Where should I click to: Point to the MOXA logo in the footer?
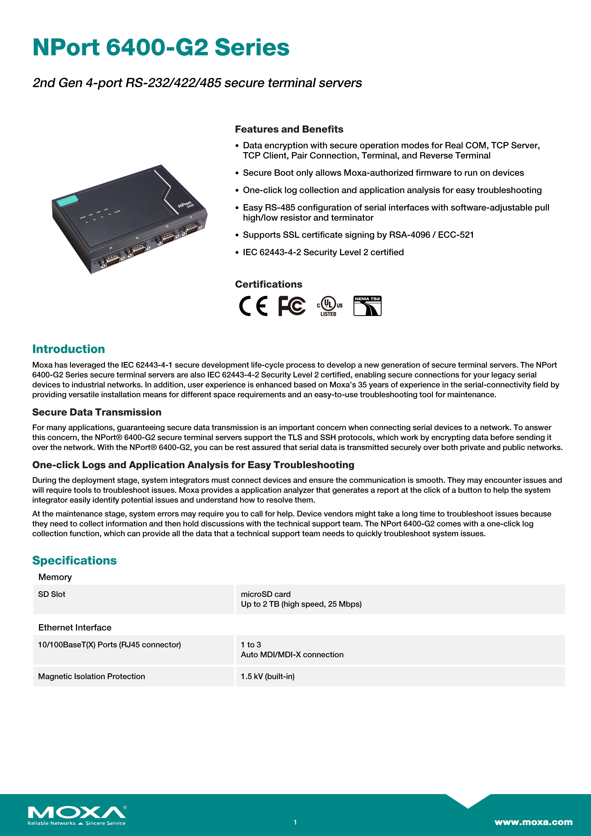(77, 813)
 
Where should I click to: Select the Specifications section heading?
(74, 560)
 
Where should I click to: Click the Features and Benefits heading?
(289, 129)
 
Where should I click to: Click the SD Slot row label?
(52, 594)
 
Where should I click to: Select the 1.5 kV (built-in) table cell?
(268, 677)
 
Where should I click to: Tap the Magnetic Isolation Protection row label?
(91, 677)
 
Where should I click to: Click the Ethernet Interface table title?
(75, 627)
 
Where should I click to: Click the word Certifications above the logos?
(268, 284)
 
